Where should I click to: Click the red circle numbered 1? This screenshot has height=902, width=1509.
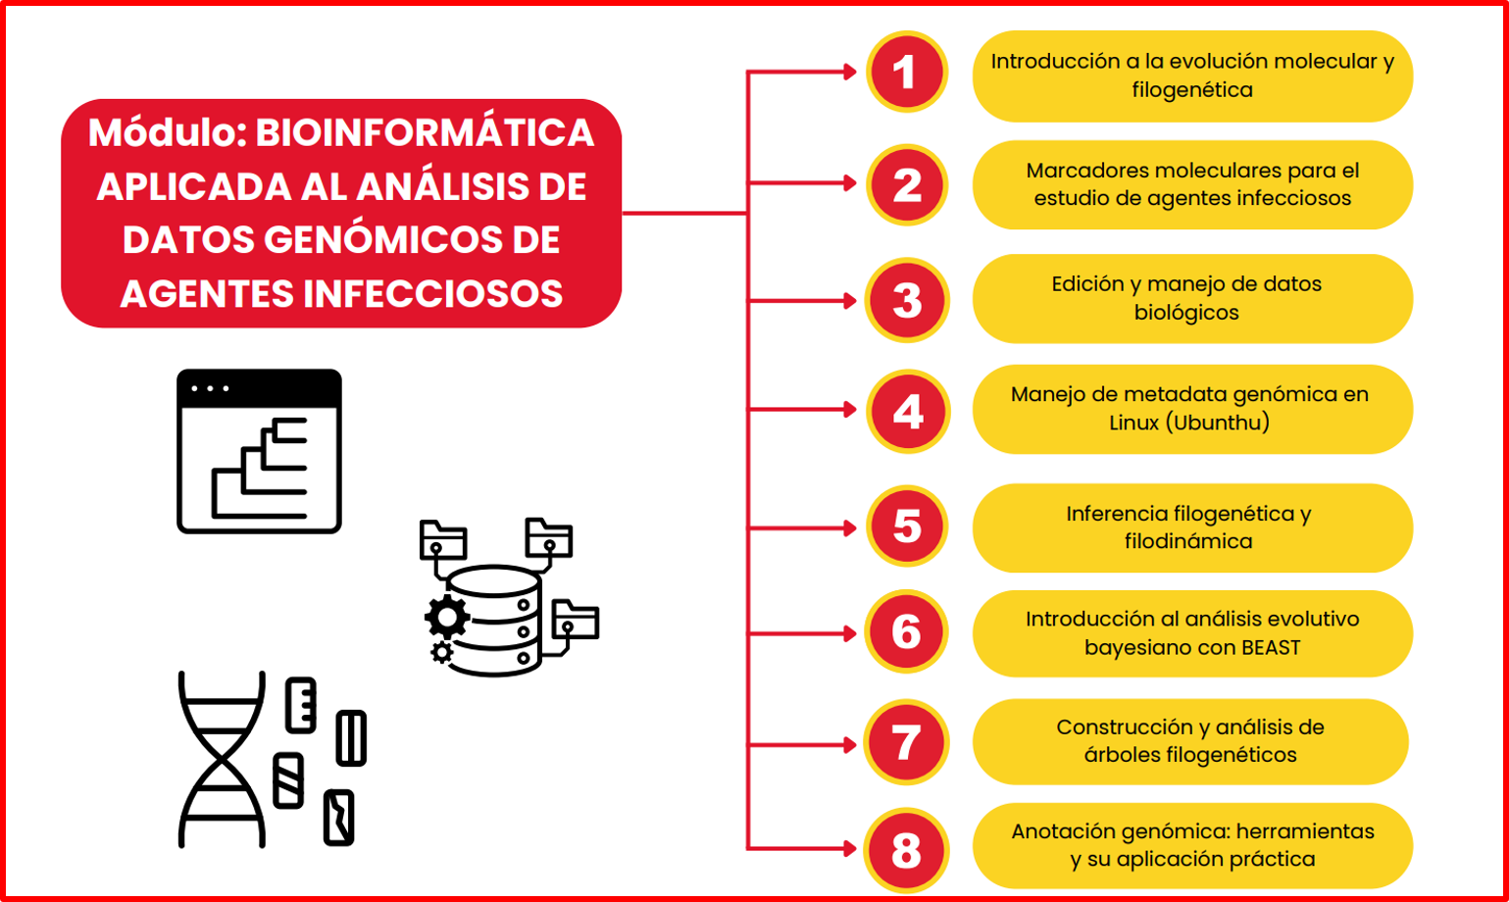click(907, 73)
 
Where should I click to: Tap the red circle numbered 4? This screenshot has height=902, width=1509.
click(907, 411)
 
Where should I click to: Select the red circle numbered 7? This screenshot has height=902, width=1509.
click(906, 742)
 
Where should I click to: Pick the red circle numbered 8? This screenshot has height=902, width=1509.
click(906, 850)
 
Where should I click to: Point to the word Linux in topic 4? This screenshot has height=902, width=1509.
click(1133, 423)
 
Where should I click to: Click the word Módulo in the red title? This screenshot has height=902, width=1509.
click(168, 132)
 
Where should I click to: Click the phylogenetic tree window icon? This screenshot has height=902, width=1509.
click(260, 451)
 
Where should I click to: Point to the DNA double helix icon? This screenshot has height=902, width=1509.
click(222, 759)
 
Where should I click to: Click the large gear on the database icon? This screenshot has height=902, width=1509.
click(447, 617)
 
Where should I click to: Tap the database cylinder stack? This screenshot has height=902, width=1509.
click(495, 621)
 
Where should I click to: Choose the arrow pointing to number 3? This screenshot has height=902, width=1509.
click(802, 300)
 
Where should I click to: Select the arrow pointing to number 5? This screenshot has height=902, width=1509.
click(802, 528)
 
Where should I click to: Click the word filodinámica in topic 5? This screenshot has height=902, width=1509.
click(1188, 541)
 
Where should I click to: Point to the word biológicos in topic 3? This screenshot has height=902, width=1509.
click(1186, 313)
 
